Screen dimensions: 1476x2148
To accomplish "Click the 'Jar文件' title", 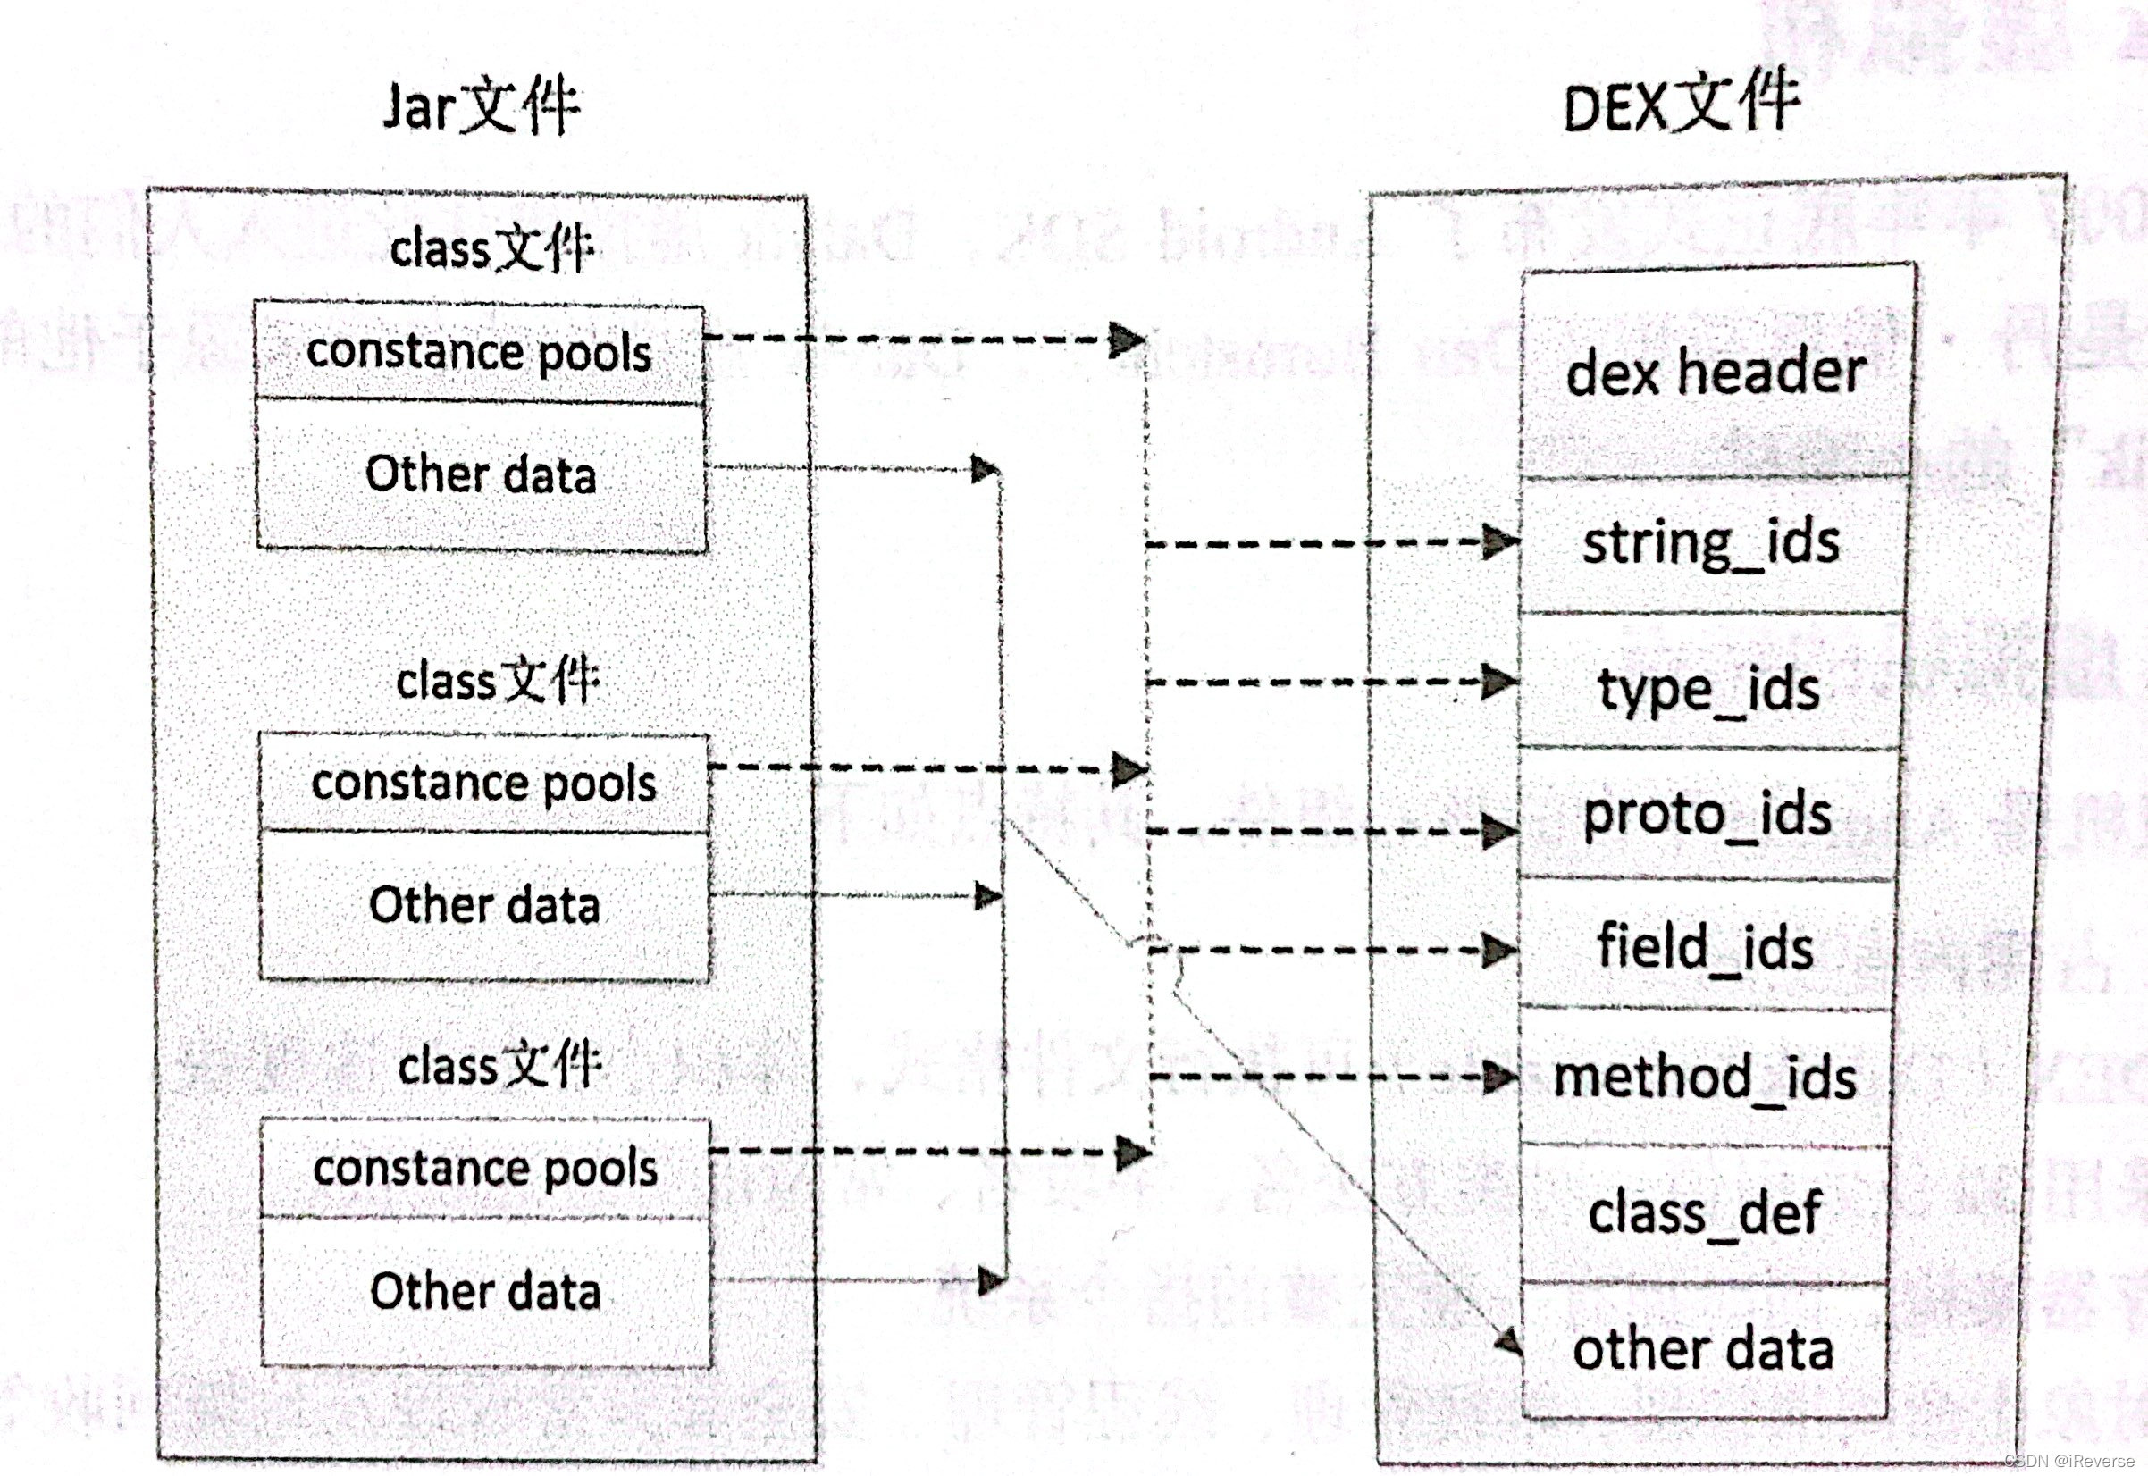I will click(x=481, y=108).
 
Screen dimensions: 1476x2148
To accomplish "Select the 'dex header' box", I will click(x=1716, y=372).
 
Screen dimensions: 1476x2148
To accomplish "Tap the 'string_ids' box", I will click(x=1711, y=544).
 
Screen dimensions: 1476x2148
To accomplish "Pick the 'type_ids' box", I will click(x=1708, y=686).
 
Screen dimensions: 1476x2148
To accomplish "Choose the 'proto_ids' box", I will click(x=1707, y=814).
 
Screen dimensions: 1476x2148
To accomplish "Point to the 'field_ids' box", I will click(x=1705, y=947).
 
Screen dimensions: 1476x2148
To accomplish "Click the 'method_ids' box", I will click(x=1705, y=1078).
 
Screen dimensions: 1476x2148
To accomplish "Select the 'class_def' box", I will click(x=1705, y=1213).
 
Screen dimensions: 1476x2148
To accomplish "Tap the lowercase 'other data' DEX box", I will click(x=1703, y=1349).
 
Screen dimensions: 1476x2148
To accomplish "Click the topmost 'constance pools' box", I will click(x=479, y=352).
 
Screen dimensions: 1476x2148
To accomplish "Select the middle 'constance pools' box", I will click(x=483, y=784).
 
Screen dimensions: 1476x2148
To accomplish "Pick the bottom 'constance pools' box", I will click(x=485, y=1168).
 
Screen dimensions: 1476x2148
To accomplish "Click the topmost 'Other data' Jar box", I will click(x=481, y=475).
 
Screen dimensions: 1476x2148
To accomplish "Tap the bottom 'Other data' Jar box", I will click(x=485, y=1292).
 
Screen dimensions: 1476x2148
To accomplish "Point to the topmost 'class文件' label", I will click(x=490, y=248).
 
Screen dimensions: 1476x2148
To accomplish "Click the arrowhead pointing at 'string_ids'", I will click(x=1500, y=542).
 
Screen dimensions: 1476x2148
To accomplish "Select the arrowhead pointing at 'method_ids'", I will click(x=1500, y=1077).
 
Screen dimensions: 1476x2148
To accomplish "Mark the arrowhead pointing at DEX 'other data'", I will click(x=1509, y=1341).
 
